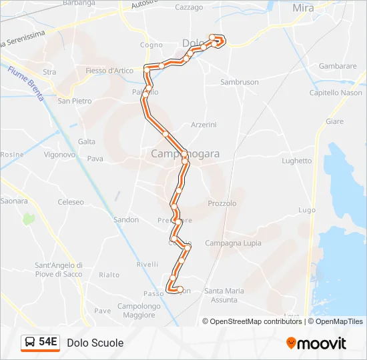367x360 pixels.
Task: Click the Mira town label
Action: (303, 8)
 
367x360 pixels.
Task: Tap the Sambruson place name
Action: (240, 82)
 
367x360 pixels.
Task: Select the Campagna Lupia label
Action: (233, 243)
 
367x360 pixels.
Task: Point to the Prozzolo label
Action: (222, 203)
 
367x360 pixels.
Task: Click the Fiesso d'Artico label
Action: (109, 71)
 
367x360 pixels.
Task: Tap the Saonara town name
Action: (14, 201)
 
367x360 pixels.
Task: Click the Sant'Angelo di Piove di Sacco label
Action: (59, 269)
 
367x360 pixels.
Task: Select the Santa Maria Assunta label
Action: (224, 295)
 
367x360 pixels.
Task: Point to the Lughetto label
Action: (297, 161)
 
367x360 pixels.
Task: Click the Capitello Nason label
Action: (336, 93)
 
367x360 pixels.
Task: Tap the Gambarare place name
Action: (338, 67)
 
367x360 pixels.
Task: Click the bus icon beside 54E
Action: (31, 342)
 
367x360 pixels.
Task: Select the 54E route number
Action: (48, 342)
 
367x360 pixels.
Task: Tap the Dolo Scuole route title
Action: (95, 343)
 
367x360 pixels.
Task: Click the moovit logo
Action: (316, 343)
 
